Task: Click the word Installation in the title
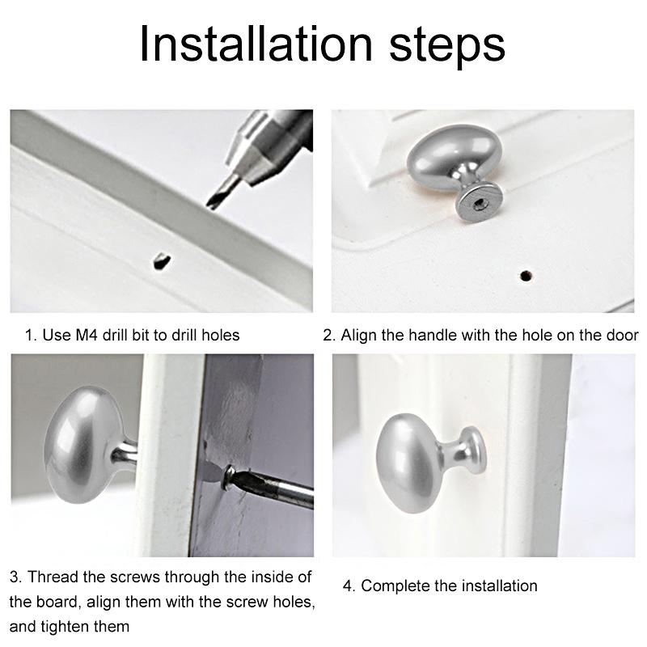pos(256,44)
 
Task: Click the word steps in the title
pos(447,46)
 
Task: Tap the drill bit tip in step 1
pos(210,205)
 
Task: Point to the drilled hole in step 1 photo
pos(162,260)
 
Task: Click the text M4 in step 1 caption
pos(87,335)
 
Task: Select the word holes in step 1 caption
pos(220,335)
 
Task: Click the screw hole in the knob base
pos(479,204)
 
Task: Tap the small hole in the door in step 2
pos(525,276)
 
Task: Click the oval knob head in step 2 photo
pos(454,154)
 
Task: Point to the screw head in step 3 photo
pos(228,477)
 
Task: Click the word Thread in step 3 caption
pos(53,577)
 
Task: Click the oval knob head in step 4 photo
pos(408,463)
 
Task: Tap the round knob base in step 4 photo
pos(474,451)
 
